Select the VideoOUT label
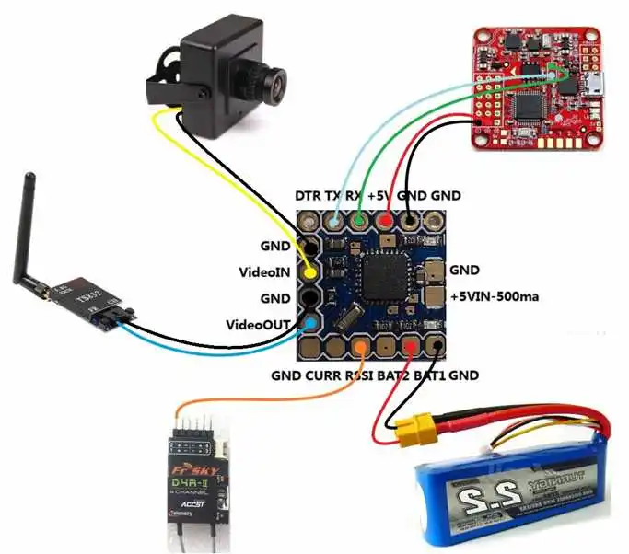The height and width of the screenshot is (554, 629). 261,325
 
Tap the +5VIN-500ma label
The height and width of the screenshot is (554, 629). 496,297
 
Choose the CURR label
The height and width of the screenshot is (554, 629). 320,375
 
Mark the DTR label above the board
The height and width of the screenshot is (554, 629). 308,196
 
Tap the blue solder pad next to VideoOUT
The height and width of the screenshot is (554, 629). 312,324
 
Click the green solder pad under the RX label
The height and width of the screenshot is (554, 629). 360,221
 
